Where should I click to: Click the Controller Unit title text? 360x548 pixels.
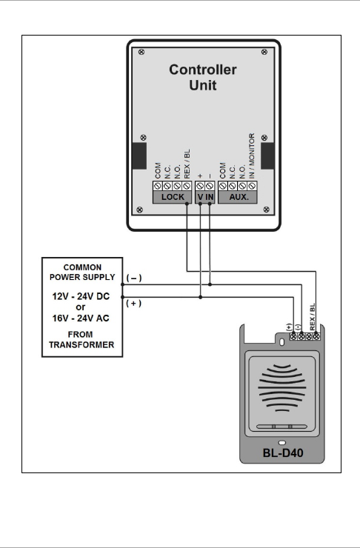[203, 77]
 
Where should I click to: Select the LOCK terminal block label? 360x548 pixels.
[173, 197]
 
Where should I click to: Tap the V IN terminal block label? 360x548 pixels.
[205, 197]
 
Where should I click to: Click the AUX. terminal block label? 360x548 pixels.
[239, 197]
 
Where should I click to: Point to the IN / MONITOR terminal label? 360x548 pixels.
[252, 156]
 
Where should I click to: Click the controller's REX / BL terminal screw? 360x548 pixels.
[187, 186]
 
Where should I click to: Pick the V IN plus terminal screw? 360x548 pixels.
[200, 186]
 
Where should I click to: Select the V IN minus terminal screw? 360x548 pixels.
[210, 186]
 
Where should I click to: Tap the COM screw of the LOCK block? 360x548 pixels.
[158, 186]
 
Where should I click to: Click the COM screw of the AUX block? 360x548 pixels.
[223, 186]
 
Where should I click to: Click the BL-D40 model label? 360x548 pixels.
[283, 453]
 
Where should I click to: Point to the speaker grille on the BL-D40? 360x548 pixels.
[281, 388]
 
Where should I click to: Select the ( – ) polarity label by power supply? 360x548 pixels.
[134, 278]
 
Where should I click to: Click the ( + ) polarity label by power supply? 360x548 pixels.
[134, 303]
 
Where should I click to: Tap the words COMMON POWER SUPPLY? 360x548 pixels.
[82, 273]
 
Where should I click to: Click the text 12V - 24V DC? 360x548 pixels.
[81, 296]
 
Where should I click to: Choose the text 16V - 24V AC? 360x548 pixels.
[81, 318]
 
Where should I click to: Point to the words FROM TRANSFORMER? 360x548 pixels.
[81, 340]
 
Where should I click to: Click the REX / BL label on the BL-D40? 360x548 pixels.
[313, 317]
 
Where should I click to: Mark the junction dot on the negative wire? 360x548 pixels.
[210, 284]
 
